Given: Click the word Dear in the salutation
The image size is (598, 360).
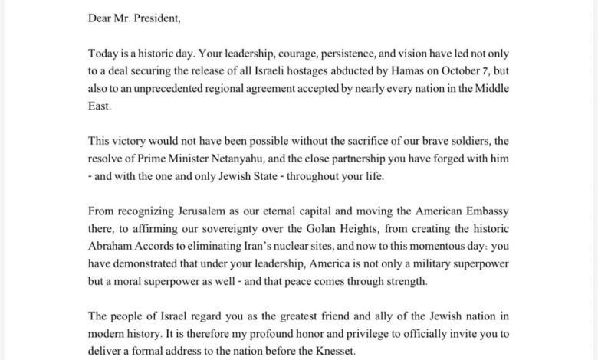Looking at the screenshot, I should click(x=100, y=12).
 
